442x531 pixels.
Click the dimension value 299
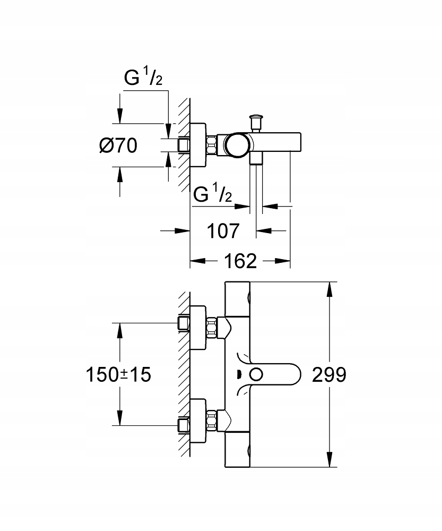[x=329, y=375]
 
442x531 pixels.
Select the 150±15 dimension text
[x=118, y=375]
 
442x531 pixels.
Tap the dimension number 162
[x=240, y=261]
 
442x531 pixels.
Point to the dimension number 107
[x=223, y=231]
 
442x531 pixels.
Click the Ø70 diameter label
[x=118, y=145]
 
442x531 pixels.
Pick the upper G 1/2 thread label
[x=143, y=78]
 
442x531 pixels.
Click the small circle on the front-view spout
[x=256, y=375]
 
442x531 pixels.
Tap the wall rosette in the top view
[x=198, y=145]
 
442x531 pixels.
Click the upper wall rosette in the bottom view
[x=198, y=328]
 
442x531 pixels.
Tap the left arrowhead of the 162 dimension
[x=197, y=261]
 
